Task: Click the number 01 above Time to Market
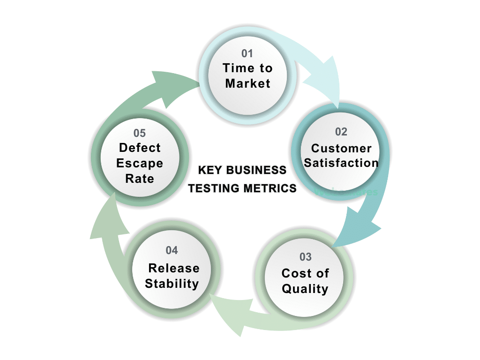click(x=247, y=53)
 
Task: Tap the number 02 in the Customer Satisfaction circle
click(x=341, y=132)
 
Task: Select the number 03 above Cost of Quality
click(x=305, y=257)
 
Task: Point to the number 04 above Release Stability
click(x=172, y=251)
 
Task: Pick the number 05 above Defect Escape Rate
click(x=140, y=134)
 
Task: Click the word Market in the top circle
click(x=247, y=83)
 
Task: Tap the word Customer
click(x=341, y=148)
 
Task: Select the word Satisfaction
click(x=341, y=163)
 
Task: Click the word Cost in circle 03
click(x=292, y=273)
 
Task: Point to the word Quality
click(x=305, y=289)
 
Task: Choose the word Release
click(x=173, y=268)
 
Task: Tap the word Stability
click(x=172, y=284)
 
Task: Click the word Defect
click(x=140, y=148)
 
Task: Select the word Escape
click(x=140, y=164)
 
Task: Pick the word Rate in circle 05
click(x=140, y=179)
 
